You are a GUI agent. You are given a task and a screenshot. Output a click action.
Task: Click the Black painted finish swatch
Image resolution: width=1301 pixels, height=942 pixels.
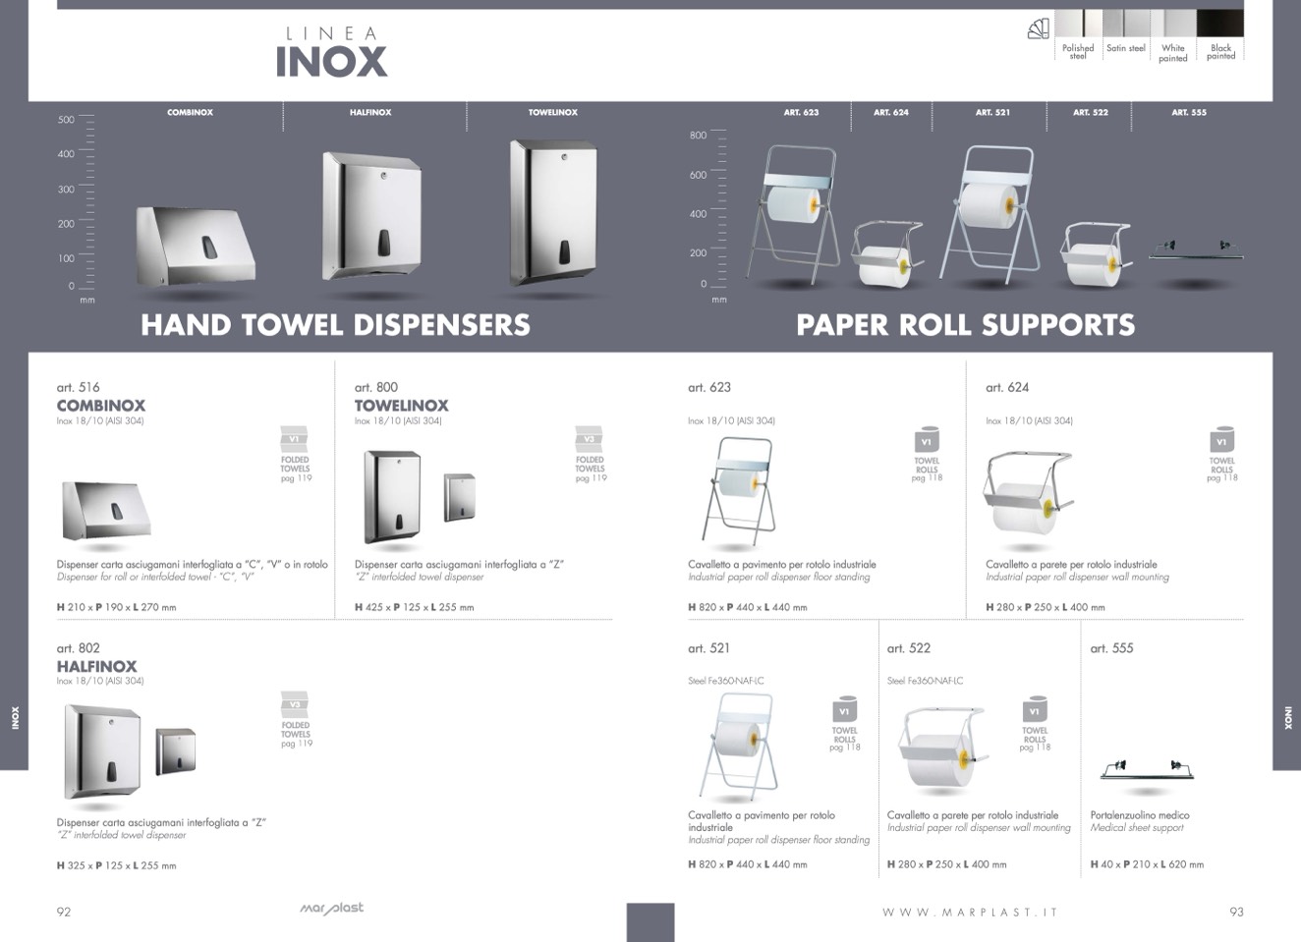[1220, 24]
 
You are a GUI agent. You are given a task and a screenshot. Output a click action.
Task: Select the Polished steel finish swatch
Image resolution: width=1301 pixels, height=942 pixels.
[1077, 24]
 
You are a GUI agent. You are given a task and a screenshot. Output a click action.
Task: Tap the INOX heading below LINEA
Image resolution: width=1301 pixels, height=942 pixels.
[331, 62]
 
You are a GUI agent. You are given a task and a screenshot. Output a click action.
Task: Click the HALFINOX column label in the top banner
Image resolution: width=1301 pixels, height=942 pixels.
[370, 113]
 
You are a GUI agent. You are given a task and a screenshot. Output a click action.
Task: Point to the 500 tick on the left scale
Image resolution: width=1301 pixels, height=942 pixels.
[67, 120]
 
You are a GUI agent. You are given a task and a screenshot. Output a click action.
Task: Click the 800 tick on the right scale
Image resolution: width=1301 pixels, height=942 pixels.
[698, 136]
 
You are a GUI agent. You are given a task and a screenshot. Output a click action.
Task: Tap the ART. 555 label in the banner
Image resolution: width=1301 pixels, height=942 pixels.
[1188, 113]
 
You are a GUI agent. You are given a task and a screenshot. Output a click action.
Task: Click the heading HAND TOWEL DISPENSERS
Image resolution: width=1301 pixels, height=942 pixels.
[335, 325]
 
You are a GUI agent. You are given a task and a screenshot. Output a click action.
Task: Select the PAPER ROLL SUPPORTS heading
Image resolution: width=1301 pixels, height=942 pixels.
[965, 325]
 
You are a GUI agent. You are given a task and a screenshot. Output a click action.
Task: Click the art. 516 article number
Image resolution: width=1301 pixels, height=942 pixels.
[78, 387]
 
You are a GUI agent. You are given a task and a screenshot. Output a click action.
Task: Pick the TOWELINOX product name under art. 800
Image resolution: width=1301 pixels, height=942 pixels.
[401, 406]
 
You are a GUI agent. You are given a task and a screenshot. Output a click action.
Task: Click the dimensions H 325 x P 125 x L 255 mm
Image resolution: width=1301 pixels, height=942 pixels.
[116, 866]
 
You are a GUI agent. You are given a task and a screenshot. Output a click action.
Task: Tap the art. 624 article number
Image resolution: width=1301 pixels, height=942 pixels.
[1007, 387]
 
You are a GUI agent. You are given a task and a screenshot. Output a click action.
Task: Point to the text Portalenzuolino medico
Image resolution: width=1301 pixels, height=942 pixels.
[1139, 815]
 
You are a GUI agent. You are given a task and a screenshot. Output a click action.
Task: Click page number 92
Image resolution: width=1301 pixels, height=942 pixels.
[64, 912]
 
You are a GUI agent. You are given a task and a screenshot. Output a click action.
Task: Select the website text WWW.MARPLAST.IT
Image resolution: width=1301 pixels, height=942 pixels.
[969, 913]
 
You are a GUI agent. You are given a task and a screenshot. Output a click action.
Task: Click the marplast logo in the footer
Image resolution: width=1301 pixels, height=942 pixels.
[331, 909]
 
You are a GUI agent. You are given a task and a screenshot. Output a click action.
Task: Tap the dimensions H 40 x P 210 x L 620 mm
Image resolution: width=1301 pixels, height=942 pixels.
[1146, 864]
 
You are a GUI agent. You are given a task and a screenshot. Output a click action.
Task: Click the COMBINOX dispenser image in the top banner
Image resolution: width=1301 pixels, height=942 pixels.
[195, 245]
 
